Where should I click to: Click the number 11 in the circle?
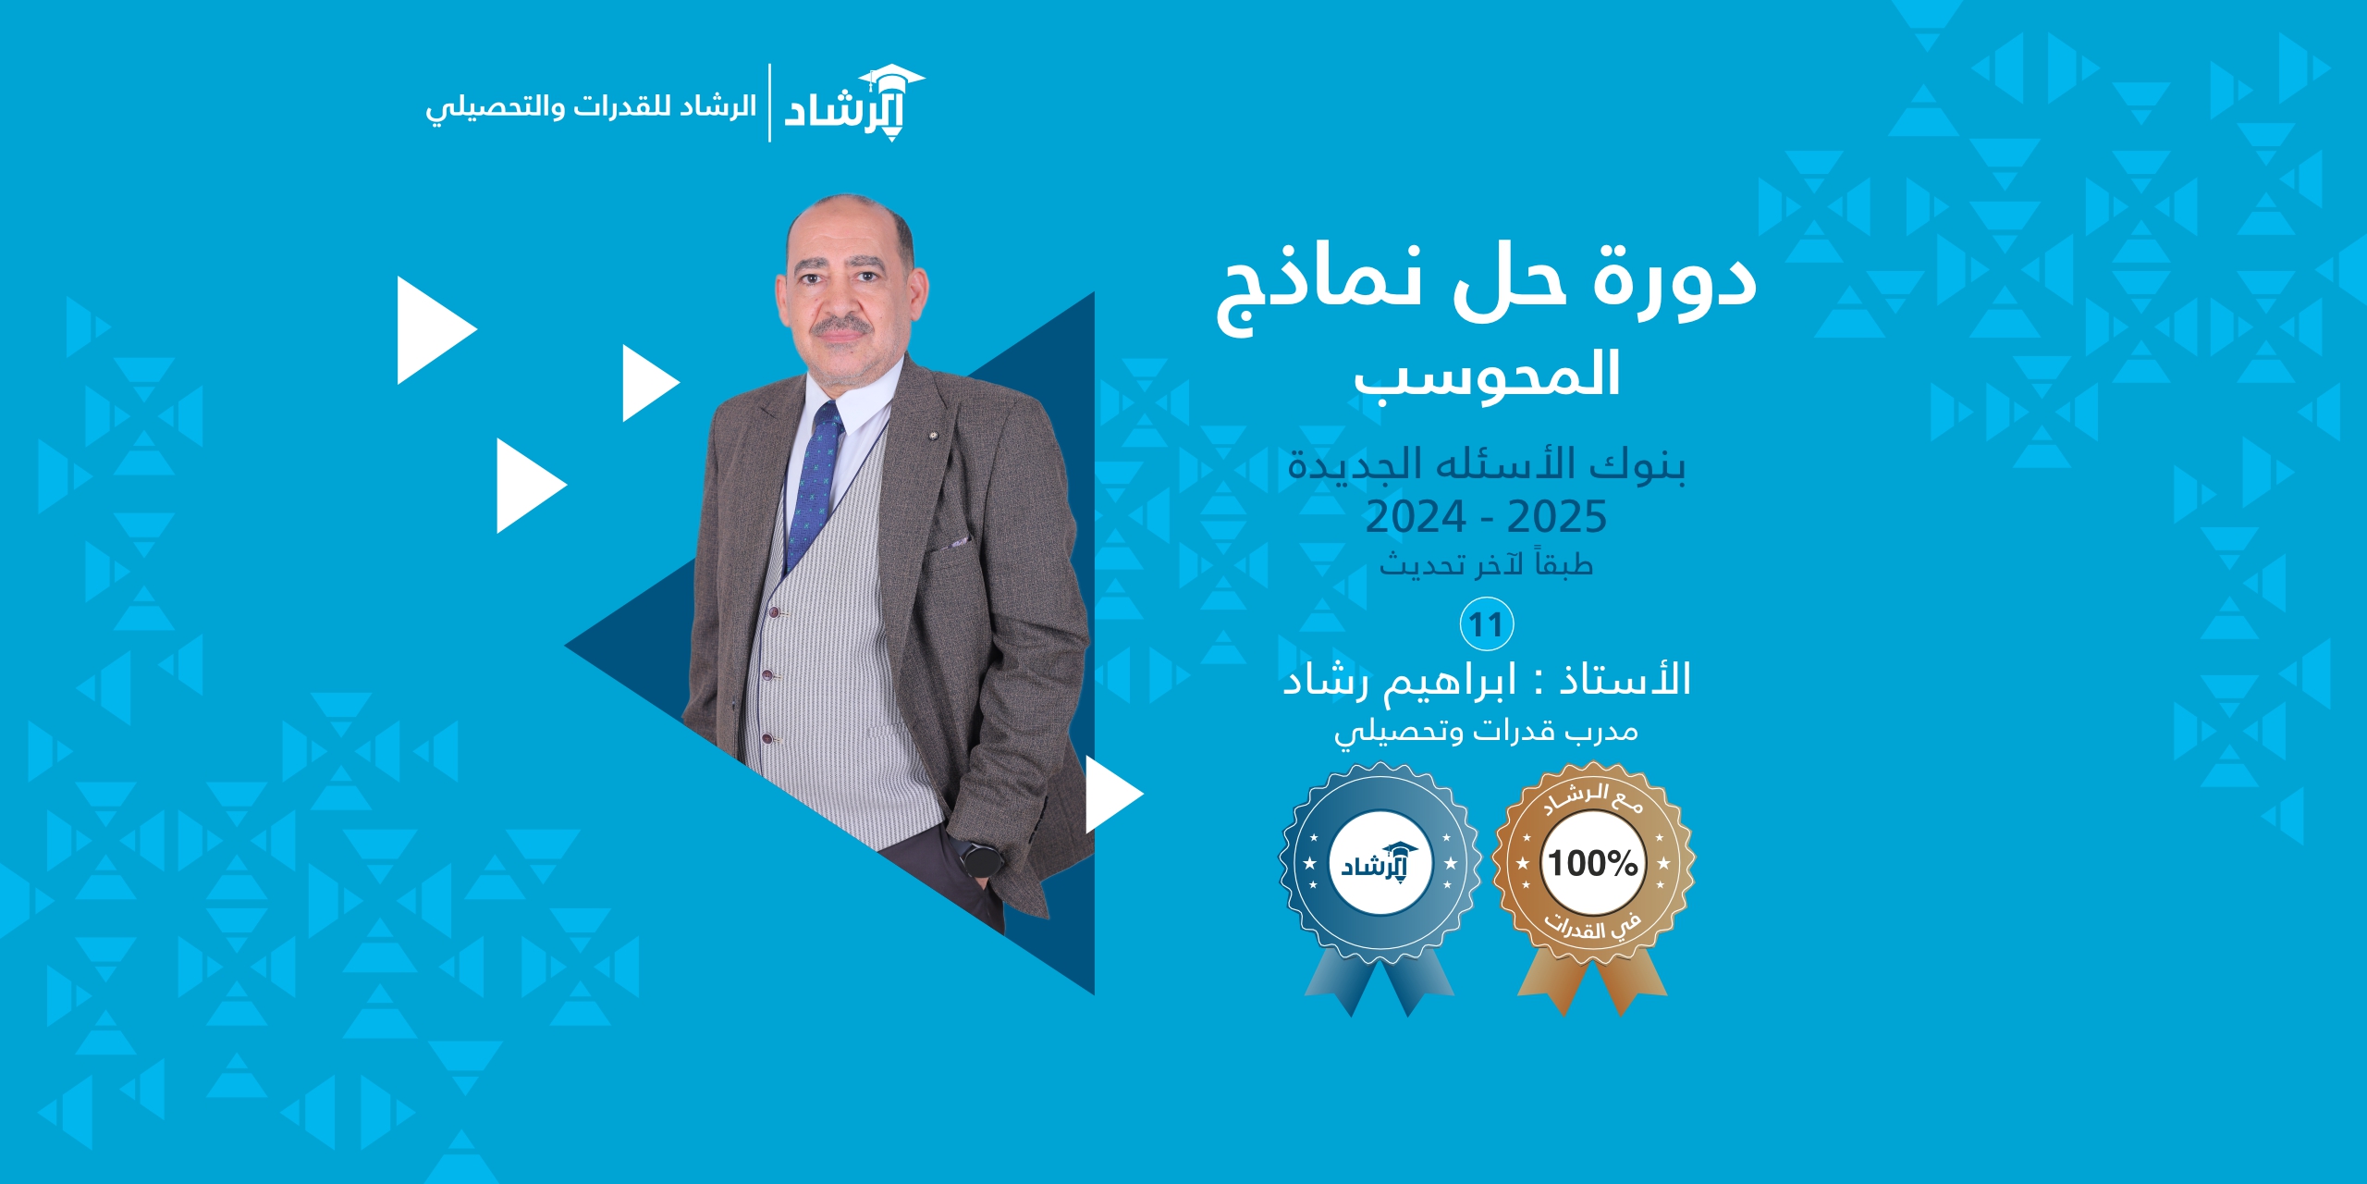tap(1486, 625)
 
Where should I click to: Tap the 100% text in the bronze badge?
tap(1593, 863)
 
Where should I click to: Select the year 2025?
tap(1557, 516)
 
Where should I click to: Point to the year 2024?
tap(1416, 516)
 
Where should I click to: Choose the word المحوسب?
tap(1487, 376)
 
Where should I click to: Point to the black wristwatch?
tap(982, 857)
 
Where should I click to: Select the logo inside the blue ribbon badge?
tap(1380, 863)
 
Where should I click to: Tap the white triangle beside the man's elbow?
tap(1114, 794)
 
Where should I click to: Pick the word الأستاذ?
tap(1625, 679)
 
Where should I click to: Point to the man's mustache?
tap(841, 326)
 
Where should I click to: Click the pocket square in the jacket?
tap(958, 542)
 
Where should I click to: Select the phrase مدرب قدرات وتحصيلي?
tap(1486, 732)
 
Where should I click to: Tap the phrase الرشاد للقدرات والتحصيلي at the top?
tap(591, 107)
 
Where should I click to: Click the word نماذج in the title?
tap(1318, 287)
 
